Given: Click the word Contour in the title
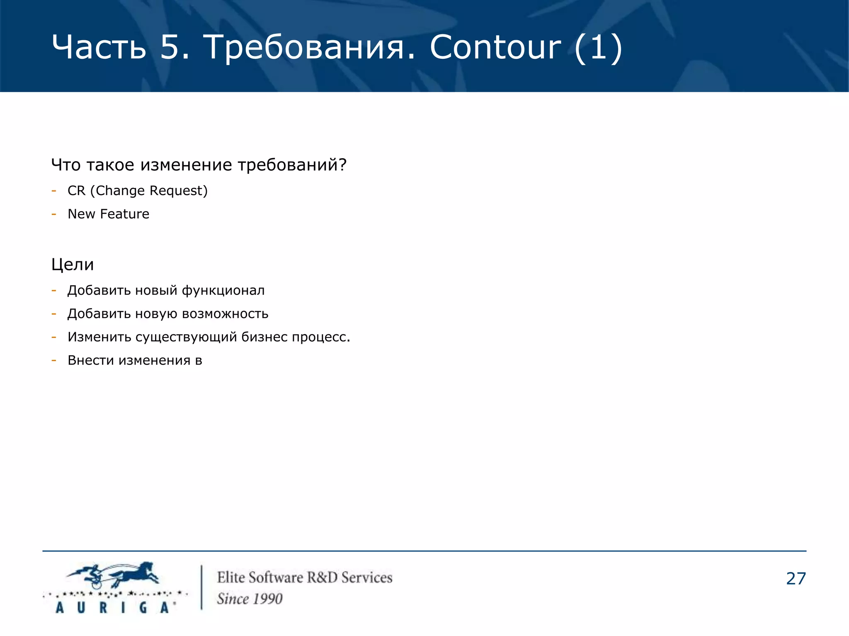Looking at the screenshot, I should [495, 47].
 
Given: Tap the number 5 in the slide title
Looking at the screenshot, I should [170, 47].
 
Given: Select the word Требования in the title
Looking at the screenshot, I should [308, 47].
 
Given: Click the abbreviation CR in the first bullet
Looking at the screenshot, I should [76, 191].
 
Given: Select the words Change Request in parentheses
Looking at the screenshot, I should [149, 191].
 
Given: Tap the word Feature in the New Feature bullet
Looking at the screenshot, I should [124, 214].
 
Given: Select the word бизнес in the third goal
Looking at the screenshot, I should [264, 337].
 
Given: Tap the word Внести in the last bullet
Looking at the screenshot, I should [91, 360].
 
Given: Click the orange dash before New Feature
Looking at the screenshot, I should [54, 214].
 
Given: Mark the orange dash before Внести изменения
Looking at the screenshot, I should [54, 360].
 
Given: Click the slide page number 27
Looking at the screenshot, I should [796, 579].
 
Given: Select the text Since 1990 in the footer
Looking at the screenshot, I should [250, 599].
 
